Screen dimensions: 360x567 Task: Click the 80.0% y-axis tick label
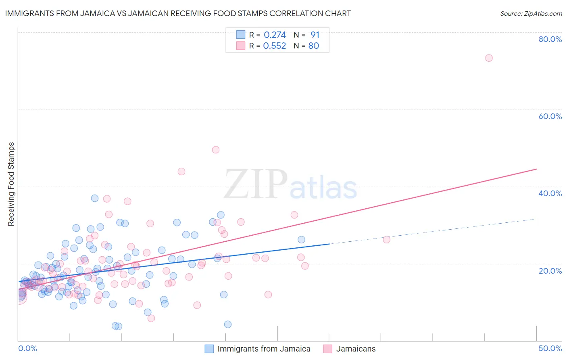tap(550, 39)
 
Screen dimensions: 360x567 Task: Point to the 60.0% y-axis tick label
tap(550, 116)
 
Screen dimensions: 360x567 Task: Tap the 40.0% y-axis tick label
tap(550, 193)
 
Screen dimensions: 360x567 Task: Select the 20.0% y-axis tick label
tap(550, 270)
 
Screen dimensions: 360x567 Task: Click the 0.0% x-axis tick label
tap(27, 348)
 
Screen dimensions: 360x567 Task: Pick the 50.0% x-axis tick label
tap(550, 348)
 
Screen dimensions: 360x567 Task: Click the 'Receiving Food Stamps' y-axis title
tap(11, 184)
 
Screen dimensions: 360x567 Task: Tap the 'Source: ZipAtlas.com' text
tap(531, 13)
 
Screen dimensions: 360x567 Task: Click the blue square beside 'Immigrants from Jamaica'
tap(209, 349)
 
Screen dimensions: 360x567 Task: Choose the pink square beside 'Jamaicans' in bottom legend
tap(327, 349)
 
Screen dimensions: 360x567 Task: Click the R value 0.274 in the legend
tap(275, 35)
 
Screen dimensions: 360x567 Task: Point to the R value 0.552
tap(275, 46)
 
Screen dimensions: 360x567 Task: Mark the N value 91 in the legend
tap(315, 35)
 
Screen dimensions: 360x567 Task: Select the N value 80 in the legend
tap(314, 46)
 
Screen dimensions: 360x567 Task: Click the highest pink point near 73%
tap(489, 58)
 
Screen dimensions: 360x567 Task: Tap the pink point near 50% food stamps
tap(216, 150)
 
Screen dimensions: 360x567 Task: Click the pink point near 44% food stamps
tap(181, 172)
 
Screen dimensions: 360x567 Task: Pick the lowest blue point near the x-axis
tap(228, 324)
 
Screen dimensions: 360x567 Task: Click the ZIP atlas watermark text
tap(290, 185)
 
